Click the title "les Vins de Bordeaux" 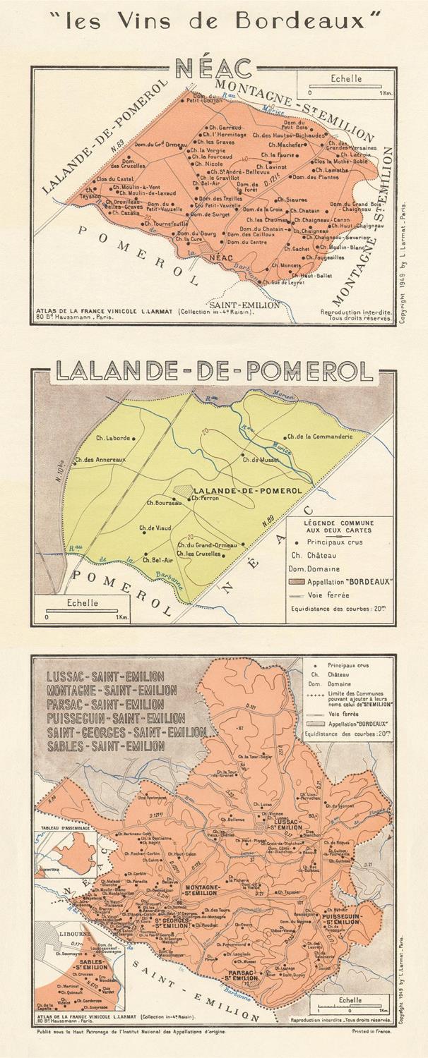click(x=213, y=21)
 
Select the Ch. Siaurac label click(x=292, y=200)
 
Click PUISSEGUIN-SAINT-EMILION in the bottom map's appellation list click(x=116, y=719)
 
